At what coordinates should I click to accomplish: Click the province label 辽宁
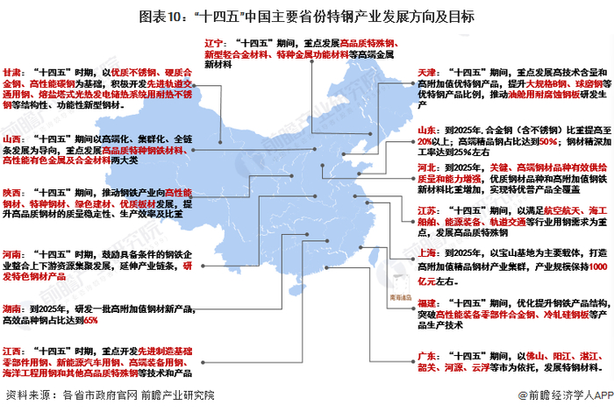(x=216, y=41)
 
